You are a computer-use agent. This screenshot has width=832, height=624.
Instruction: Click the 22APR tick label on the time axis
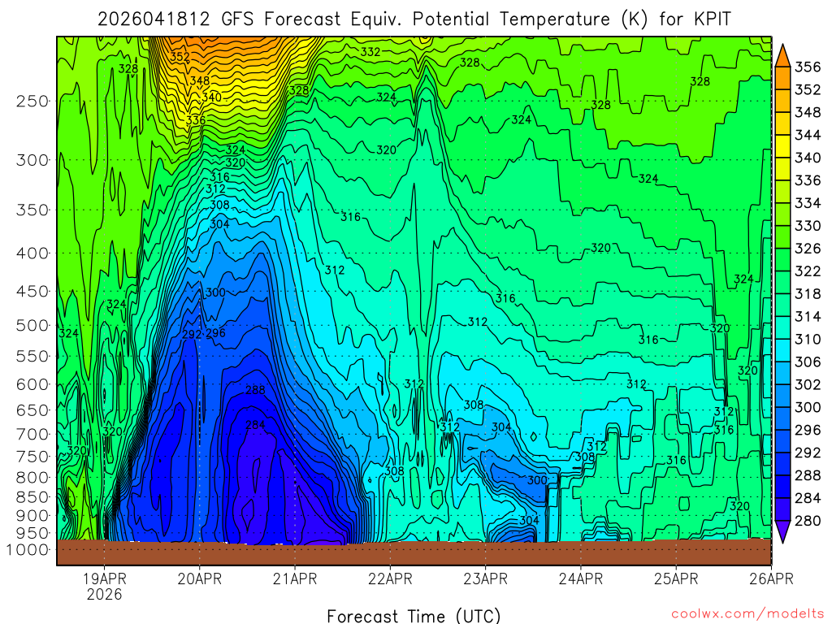click(390, 578)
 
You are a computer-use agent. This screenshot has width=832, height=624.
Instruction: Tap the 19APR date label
click(105, 578)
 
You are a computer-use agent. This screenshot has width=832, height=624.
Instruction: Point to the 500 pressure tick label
click(33, 325)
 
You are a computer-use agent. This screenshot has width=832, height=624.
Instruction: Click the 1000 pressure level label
click(29, 549)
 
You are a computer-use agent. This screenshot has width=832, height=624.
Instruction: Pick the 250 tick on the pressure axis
click(33, 101)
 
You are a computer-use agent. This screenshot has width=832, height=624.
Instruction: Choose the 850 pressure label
click(33, 496)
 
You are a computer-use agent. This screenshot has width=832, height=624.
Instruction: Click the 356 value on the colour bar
click(807, 67)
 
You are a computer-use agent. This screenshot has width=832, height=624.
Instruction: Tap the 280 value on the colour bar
click(807, 520)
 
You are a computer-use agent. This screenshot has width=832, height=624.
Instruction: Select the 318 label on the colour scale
click(807, 293)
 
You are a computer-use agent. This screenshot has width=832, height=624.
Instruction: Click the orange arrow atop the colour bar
click(783, 54)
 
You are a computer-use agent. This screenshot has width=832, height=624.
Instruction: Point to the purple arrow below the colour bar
click(783, 532)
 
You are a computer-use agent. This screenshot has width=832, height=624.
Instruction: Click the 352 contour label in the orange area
click(180, 57)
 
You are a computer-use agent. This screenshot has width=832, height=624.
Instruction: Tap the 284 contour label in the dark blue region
click(255, 424)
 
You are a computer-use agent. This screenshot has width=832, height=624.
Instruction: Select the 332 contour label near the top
click(370, 52)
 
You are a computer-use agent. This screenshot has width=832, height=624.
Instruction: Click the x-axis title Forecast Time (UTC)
click(414, 615)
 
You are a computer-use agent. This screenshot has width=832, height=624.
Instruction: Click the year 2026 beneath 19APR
click(105, 594)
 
